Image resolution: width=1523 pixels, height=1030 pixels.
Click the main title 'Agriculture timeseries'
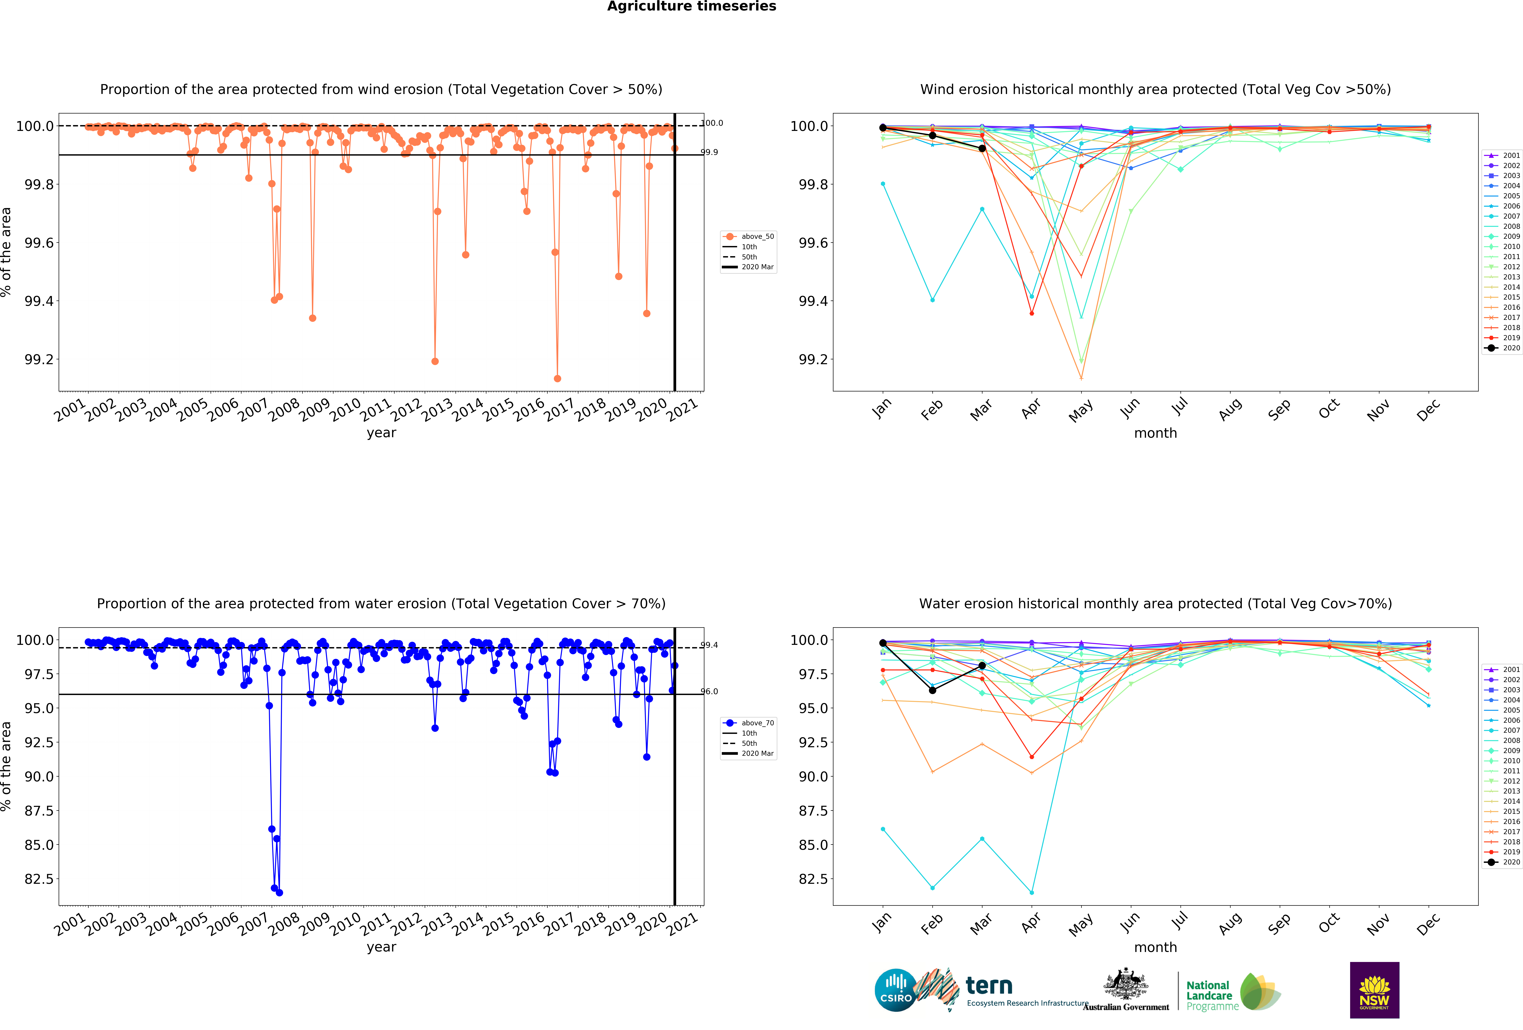(691, 7)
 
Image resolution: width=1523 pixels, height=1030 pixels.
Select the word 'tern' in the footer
(989, 985)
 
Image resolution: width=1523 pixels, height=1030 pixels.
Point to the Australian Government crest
(1126, 983)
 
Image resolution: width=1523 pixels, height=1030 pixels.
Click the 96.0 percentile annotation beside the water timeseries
(709, 691)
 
